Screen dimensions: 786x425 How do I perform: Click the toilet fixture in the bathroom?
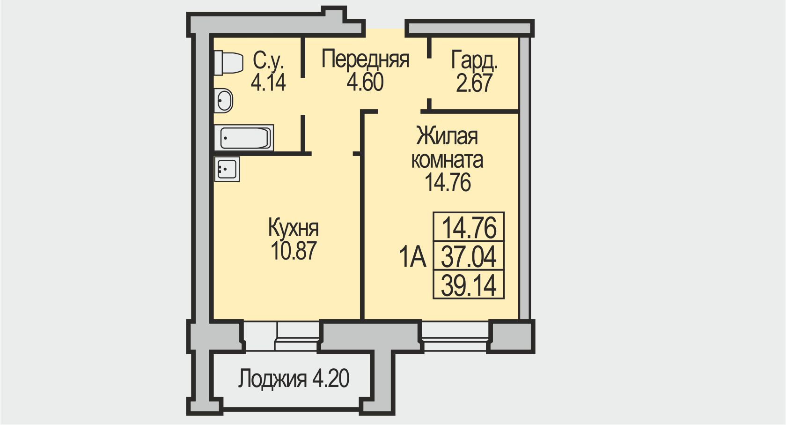228,63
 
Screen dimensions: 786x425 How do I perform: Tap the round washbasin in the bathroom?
223,100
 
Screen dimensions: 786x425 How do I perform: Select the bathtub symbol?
244,138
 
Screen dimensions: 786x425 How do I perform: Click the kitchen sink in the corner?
227,169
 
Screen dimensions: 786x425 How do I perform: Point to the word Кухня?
294,228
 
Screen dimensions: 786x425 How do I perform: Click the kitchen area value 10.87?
294,250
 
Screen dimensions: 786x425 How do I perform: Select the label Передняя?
365,60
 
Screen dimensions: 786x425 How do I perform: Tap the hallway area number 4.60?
365,82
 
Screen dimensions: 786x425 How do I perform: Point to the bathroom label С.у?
268,61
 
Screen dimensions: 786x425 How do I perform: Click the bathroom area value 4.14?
268,82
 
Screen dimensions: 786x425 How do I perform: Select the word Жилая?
447,136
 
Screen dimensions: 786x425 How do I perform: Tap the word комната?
447,160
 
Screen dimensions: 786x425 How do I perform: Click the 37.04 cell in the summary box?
469,256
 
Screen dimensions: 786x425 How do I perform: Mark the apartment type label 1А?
412,258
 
